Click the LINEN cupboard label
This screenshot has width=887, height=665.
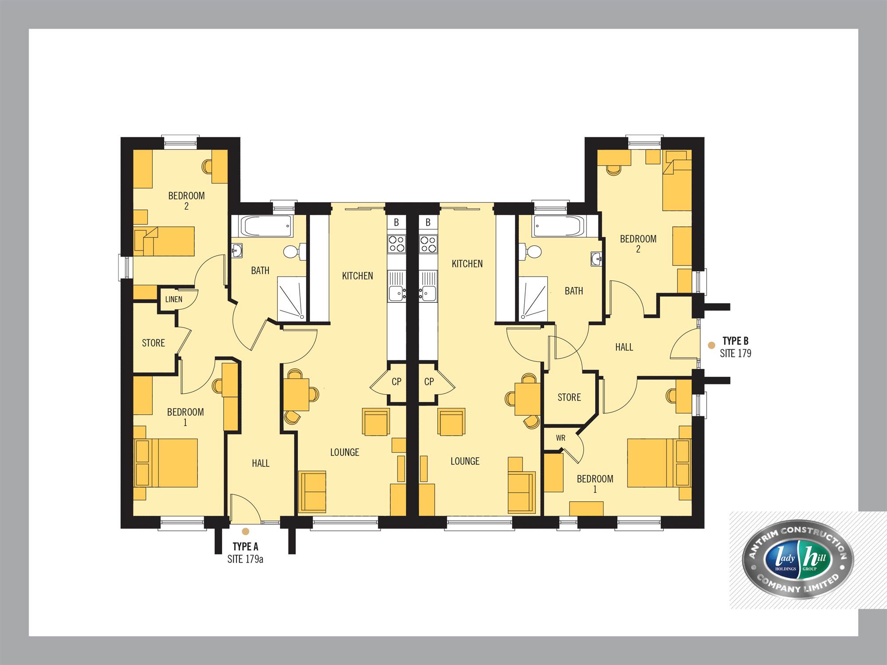coord(174,299)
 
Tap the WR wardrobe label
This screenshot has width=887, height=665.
coord(561,438)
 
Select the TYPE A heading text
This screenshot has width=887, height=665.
coord(245,547)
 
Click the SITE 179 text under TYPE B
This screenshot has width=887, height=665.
coord(735,353)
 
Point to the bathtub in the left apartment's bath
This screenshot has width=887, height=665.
coord(267,227)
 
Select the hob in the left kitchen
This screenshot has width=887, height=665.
coord(396,244)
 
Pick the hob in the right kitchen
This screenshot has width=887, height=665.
coord(428,244)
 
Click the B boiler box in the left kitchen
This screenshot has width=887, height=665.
coord(396,222)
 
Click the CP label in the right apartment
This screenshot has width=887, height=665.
coord(429,381)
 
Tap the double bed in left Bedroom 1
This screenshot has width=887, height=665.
coord(165,463)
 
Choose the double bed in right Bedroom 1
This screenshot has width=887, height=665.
coord(659,463)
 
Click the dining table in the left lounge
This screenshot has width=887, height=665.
coord(296,395)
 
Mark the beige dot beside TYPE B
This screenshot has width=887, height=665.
coord(711,345)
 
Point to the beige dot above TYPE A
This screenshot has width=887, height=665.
coord(245,531)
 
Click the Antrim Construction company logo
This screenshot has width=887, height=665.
coord(798,559)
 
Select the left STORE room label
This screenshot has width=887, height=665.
coord(153,343)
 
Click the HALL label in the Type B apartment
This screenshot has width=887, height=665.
coord(624,347)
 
